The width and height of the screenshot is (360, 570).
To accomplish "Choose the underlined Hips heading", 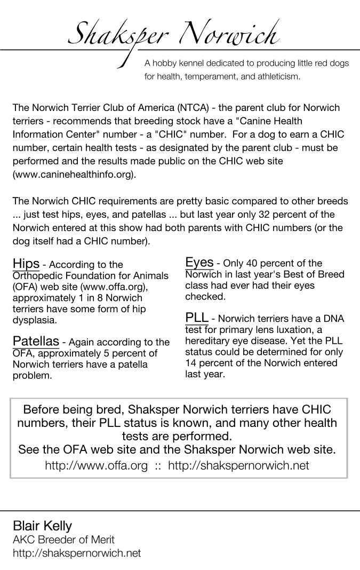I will (x=26, y=264).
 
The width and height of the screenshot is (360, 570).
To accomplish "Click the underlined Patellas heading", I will (x=36, y=341).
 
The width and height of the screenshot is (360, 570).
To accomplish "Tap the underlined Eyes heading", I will (x=199, y=262).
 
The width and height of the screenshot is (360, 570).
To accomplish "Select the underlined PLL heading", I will (x=196, y=318).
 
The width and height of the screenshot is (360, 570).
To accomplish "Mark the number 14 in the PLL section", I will (x=191, y=363).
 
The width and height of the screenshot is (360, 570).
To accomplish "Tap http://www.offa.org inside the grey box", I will (x=96, y=465).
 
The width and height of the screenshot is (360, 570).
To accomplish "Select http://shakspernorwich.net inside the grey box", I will (x=238, y=465).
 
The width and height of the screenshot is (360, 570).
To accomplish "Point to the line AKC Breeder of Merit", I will (x=63, y=540).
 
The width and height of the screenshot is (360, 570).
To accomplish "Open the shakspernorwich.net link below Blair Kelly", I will (x=76, y=553).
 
